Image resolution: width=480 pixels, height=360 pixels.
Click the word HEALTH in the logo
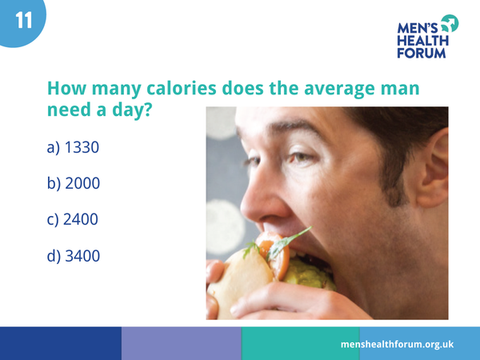tap(423, 41)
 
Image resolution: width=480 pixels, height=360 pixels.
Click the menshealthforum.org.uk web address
tap(397, 343)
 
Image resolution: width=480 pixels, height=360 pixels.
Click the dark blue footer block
tap(60, 343)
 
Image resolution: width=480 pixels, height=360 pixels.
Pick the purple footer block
tap(181, 343)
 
